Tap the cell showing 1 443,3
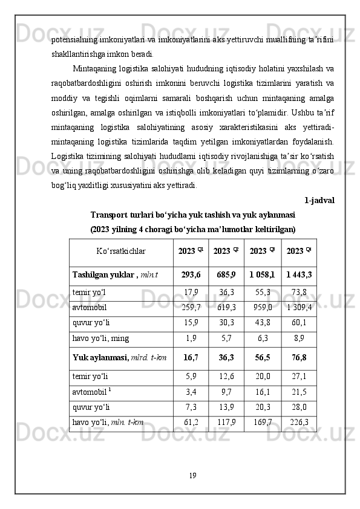299,275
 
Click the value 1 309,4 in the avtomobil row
299,307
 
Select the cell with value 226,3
299,422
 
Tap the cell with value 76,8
299,358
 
